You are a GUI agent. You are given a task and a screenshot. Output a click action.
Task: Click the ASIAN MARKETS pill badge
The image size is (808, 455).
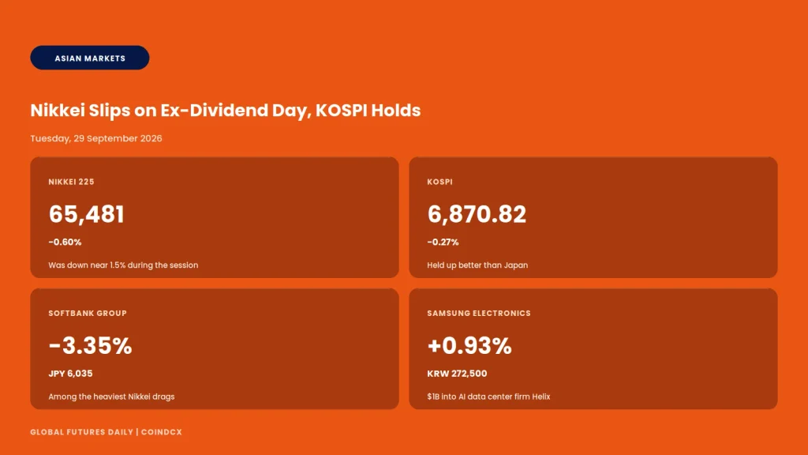90,58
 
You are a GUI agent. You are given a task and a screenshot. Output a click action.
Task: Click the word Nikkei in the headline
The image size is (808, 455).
57,111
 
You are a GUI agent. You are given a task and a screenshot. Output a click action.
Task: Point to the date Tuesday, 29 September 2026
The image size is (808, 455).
95,138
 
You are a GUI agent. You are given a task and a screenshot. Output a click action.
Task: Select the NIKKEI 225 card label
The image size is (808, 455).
71,182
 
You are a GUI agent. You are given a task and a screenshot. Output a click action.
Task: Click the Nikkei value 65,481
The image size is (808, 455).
86,214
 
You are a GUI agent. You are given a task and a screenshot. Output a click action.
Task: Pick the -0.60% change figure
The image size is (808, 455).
65,242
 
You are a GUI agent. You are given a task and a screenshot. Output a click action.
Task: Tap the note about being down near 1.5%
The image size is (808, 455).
123,265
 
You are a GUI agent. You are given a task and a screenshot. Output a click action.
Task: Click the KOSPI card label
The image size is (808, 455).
440,182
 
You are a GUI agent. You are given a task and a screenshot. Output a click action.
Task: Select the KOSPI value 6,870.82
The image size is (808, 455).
477,214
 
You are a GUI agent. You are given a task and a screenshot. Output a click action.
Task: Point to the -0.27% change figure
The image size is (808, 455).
443,242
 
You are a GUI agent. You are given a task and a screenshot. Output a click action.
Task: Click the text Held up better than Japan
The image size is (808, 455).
477,265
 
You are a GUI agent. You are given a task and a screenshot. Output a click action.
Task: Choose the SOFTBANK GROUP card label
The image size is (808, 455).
88,313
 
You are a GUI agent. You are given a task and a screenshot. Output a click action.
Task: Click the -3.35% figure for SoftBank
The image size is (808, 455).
90,346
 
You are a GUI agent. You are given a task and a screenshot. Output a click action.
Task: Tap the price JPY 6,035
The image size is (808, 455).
70,374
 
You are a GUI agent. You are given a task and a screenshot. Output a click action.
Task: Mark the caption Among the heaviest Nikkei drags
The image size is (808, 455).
111,397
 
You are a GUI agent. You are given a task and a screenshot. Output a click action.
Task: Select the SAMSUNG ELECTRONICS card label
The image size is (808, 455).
479,313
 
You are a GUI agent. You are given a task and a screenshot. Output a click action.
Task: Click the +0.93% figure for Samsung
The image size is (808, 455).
469,346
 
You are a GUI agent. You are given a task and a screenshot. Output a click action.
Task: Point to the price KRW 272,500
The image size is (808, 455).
457,374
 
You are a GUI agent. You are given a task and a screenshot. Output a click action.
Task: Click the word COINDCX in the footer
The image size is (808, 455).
161,432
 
